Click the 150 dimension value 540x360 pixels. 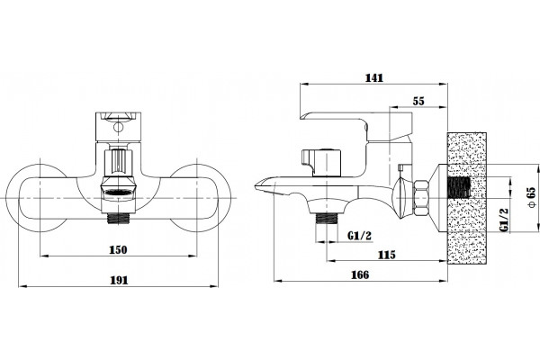click(118, 249)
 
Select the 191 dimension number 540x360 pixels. click(119, 280)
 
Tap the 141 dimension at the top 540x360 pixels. click(374, 78)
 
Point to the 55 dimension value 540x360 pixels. click(418, 102)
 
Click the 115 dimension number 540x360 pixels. click(387, 255)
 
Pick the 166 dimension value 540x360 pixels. click(360, 274)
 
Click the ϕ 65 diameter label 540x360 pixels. click(532, 197)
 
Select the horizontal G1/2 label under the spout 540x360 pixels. click(359, 236)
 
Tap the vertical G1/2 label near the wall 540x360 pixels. click(504, 220)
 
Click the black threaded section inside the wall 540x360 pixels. click(459, 188)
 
